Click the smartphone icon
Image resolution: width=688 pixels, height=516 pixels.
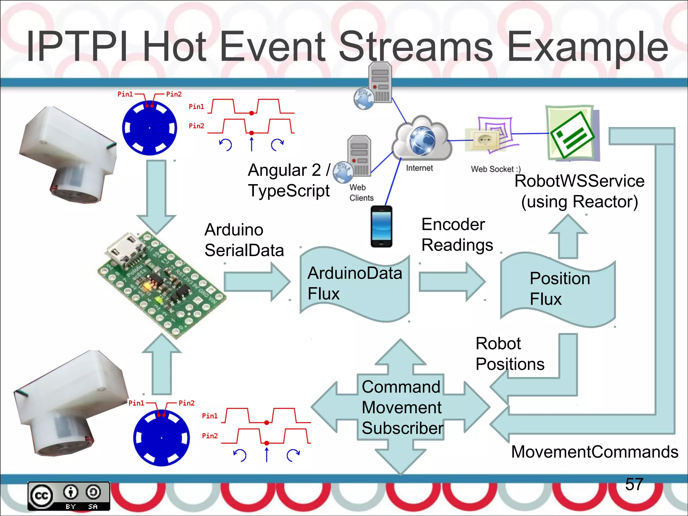381,226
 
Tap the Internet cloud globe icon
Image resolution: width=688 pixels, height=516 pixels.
422,139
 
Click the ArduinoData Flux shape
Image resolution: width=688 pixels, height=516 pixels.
354,284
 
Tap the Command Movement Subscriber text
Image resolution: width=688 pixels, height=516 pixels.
402,407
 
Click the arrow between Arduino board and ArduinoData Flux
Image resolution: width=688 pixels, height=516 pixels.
257,282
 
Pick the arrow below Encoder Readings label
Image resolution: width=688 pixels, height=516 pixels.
452,282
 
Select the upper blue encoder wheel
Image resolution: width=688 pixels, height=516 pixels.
149,128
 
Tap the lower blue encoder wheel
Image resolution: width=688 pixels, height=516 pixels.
162,438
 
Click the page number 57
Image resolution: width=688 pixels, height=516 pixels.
634,484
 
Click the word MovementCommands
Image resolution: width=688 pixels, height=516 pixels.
594,452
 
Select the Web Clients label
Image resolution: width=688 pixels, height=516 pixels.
361,192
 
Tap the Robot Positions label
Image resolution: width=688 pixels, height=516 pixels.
509,354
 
